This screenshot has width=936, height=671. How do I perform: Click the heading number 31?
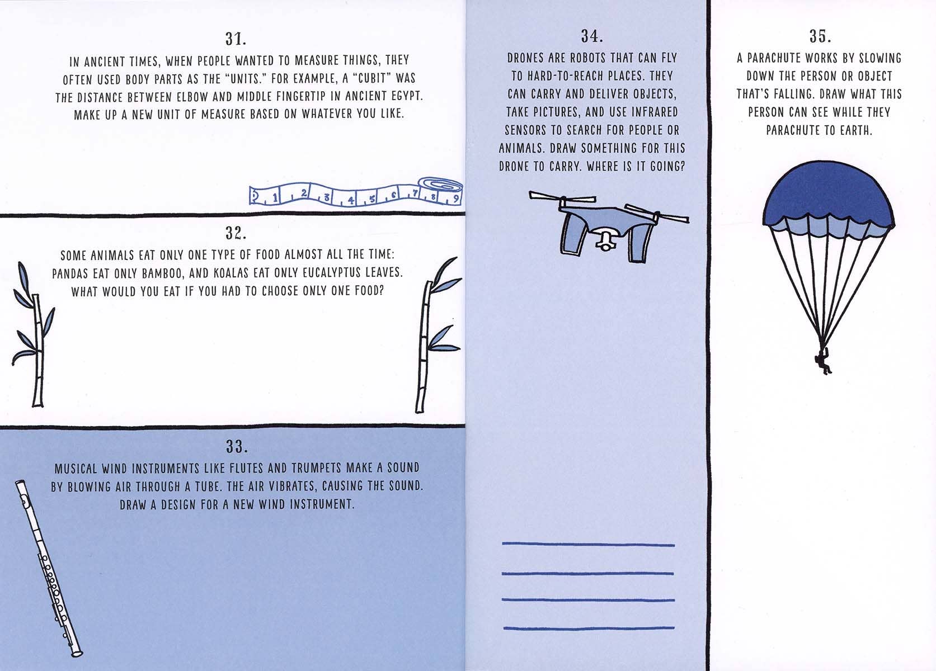(x=236, y=39)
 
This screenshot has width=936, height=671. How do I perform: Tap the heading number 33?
(x=237, y=446)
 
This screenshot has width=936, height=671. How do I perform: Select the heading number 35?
(x=820, y=36)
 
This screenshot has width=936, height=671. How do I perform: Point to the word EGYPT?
(x=406, y=96)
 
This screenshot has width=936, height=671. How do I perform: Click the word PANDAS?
(x=70, y=273)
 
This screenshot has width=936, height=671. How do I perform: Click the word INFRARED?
(x=655, y=112)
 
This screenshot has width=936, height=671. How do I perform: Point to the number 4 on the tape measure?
(x=351, y=200)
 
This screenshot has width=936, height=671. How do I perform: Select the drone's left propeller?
(x=562, y=197)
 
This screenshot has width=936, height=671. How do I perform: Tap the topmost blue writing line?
(x=589, y=544)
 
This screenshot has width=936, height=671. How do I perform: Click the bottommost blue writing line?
(x=589, y=627)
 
